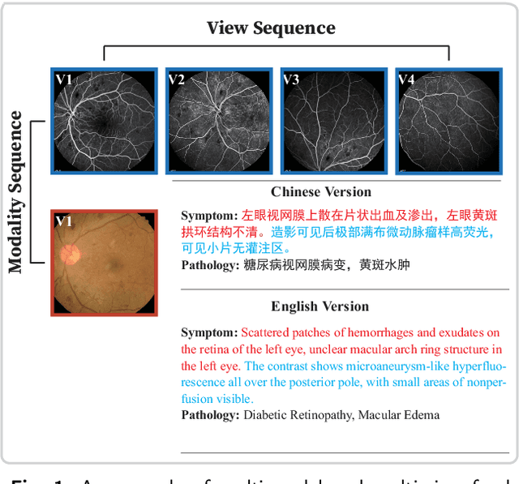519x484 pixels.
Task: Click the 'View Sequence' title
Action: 270,28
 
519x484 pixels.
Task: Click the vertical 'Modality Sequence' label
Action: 16,192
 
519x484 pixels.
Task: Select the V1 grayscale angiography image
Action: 103,120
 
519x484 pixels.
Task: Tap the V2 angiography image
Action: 217,120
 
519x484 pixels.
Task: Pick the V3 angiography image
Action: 331,120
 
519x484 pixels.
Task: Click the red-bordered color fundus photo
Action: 103,262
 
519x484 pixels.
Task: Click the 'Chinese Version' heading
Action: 321,192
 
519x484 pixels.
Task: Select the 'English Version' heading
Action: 320,306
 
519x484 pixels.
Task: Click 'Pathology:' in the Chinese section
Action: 210,264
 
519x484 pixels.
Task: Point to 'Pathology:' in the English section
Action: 210,415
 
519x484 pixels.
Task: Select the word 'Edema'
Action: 422,415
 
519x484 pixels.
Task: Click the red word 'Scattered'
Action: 265,333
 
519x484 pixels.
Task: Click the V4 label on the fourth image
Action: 405,79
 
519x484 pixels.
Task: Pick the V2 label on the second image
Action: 177,79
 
